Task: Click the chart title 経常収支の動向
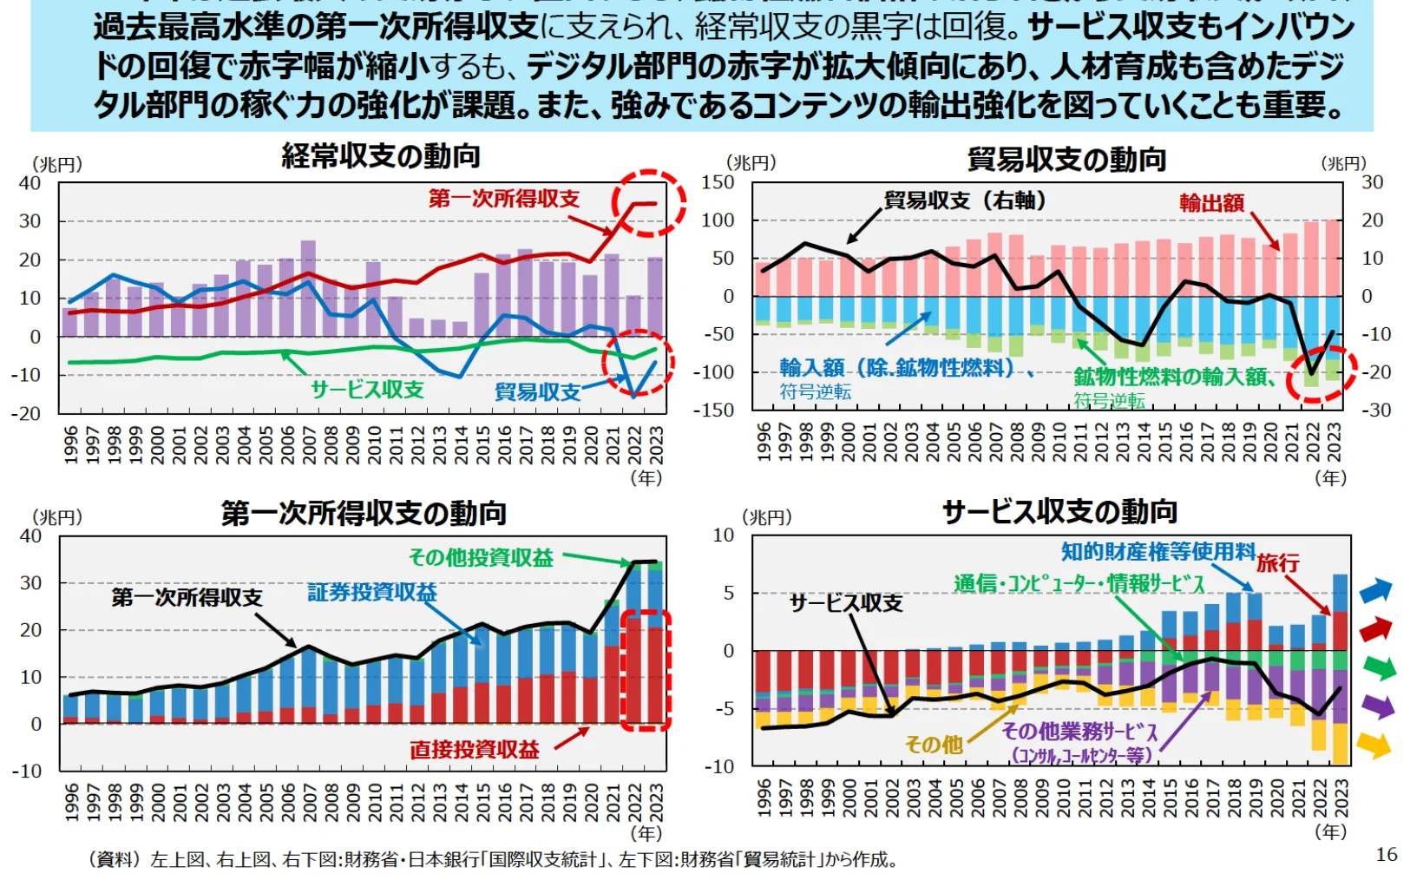[380, 156]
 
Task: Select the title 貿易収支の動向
[1066, 160]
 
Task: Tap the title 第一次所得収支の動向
[364, 513]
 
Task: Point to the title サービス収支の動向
[1059, 512]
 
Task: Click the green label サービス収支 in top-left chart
[367, 390]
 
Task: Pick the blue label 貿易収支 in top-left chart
[537, 392]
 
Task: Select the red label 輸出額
[1211, 203]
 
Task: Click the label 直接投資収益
[475, 749]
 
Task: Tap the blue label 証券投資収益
[371, 593]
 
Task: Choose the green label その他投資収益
[481, 558]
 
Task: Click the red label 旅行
[1278, 563]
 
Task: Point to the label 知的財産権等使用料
[1158, 551]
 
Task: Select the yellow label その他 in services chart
[934, 744]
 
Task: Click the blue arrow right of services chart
[1375, 591]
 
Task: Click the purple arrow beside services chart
[1376, 706]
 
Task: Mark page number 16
[1386, 855]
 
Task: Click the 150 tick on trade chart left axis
[718, 182]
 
